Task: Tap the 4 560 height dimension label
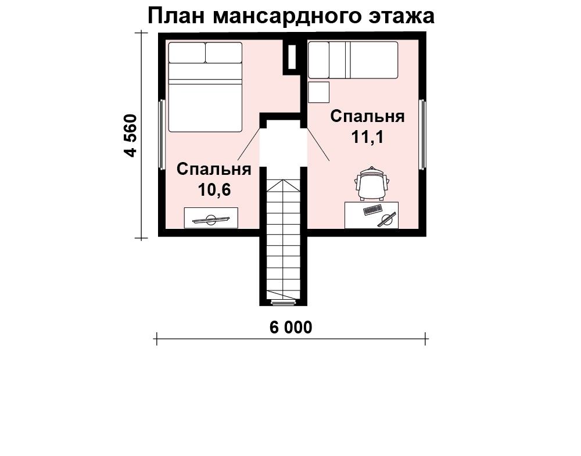[x=131, y=135]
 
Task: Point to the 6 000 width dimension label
[x=291, y=327]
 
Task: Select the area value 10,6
[x=214, y=190]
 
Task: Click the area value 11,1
[x=368, y=137]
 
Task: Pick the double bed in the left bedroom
[x=205, y=87]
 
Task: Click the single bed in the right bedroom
[x=353, y=60]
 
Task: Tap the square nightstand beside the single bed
[x=318, y=92]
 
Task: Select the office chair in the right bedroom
[x=372, y=184]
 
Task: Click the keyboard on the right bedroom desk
[x=373, y=210]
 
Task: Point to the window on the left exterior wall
[x=162, y=135]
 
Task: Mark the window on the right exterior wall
[x=422, y=135]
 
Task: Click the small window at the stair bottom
[x=284, y=303]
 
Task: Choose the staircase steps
[x=283, y=239]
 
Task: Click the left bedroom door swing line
[x=249, y=143]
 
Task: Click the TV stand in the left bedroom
[x=211, y=218]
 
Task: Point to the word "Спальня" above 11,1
[x=368, y=116]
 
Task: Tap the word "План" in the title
[x=177, y=17]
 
